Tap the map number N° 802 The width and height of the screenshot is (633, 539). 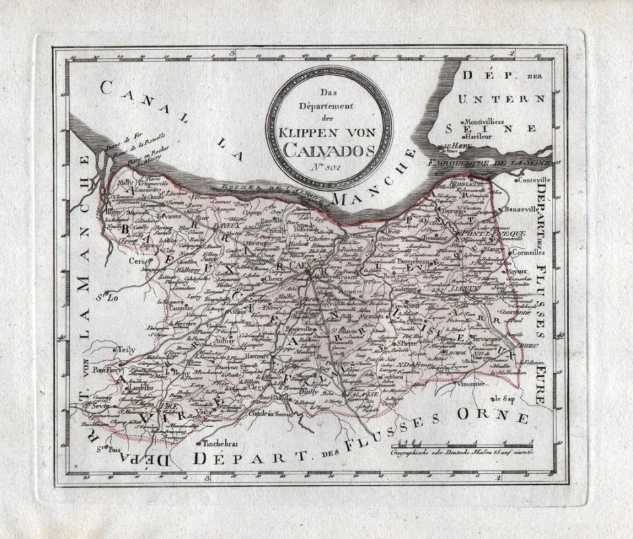tap(328, 168)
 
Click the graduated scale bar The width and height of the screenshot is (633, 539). tap(462, 446)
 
